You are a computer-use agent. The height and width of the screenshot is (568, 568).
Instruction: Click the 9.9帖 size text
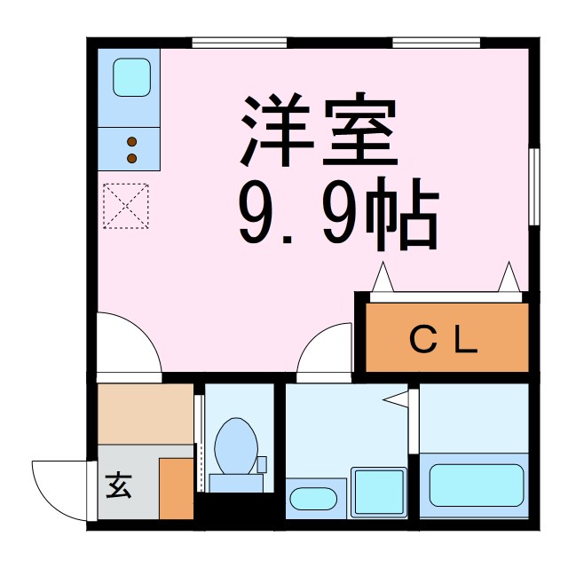click(337, 218)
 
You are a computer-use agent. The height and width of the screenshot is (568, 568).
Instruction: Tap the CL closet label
click(444, 341)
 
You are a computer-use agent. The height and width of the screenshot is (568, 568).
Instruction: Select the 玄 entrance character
click(117, 487)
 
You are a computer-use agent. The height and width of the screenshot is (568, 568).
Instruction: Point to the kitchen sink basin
click(130, 76)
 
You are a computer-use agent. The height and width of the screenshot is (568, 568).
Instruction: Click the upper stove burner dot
click(132, 142)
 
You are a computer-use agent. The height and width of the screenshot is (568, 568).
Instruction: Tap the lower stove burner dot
click(132, 158)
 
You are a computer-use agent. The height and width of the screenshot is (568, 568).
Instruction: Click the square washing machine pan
click(378, 492)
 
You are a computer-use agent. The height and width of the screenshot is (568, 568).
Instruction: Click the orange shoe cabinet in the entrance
click(176, 488)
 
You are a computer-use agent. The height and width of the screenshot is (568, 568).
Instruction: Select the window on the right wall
click(534, 186)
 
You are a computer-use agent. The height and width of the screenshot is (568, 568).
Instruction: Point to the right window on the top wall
click(436, 40)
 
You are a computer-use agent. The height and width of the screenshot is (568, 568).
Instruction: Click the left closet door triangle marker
click(384, 278)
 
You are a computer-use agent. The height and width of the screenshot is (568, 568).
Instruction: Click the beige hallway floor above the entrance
click(145, 414)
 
